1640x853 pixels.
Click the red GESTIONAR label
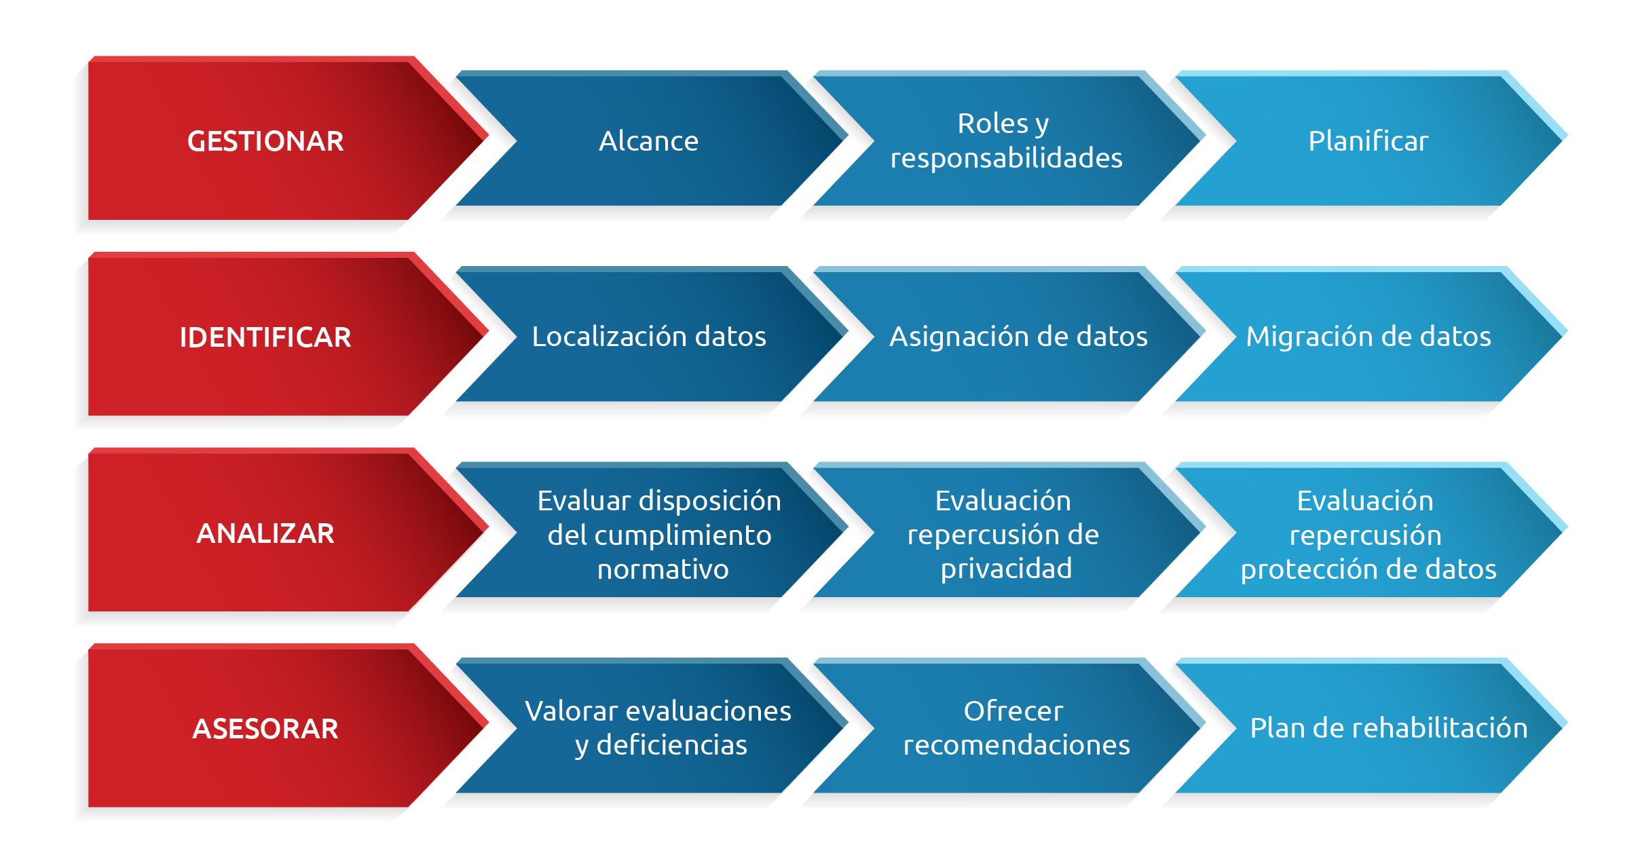point(265,141)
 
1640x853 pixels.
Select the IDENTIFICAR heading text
point(265,337)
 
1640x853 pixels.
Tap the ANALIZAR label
point(265,533)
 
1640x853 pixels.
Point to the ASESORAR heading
point(265,729)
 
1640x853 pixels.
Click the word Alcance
point(648,141)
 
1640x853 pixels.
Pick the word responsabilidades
point(1006,158)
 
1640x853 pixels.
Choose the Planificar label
point(1368,141)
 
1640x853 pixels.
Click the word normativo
point(663,569)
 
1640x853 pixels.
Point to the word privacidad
point(1006,569)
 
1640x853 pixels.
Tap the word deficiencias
point(671,745)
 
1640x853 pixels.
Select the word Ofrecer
point(1013,711)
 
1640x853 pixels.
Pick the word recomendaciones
point(1016,745)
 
